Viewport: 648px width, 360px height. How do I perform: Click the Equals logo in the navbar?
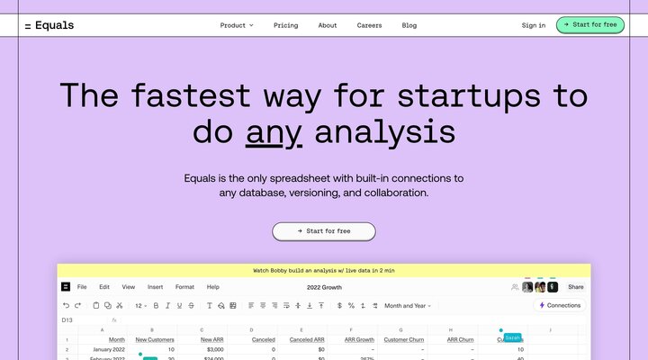tap(49, 25)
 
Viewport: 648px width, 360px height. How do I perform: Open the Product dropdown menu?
tap(237, 25)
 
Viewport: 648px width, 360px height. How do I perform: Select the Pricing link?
tap(285, 25)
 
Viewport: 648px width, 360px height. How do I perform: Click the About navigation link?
tap(328, 25)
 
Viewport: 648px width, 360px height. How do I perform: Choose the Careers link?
tap(369, 25)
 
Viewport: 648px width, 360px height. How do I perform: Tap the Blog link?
tap(409, 25)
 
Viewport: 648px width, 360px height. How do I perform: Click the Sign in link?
tap(534, 25)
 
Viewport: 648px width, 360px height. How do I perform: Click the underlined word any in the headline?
tap(274, 132)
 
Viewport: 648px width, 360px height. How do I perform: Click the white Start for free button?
tap(324, 231)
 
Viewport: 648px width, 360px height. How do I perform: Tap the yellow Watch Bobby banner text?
tap(324, 270)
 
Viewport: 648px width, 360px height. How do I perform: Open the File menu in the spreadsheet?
tap(82, 287)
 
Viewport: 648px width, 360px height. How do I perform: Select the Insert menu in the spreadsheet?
tap(155, 287)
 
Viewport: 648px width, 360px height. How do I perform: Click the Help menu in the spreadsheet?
tap(213, 287)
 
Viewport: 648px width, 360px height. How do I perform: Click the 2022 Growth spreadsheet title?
tap(324, 287)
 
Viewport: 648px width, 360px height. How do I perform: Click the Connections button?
tap(560, 305)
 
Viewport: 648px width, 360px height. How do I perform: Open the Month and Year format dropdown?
tap(408, 306)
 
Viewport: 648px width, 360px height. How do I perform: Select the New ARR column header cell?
tap(213, 339)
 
